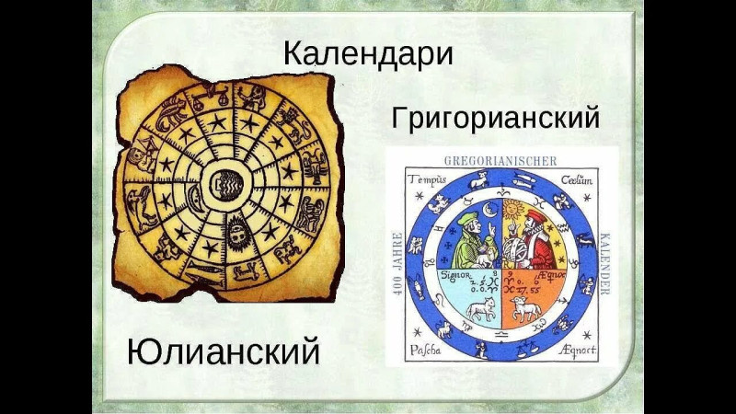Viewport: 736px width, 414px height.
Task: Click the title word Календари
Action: click(x=368, y=52)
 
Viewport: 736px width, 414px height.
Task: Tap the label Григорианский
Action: click(x=495, y=118)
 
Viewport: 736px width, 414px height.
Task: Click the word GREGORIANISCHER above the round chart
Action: click(x=500, y=159)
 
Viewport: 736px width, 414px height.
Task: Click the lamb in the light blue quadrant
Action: click(x=478, y=309)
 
